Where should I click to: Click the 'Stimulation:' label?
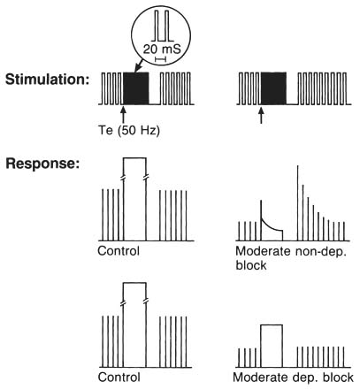click(47, 80)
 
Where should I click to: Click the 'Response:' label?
click(42, 164)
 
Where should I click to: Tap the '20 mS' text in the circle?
click(162, 50)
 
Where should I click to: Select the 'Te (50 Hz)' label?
click(129, 130)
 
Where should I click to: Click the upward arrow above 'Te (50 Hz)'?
click(124, 114)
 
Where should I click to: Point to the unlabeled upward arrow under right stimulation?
click(261, 115)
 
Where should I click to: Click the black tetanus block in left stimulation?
click(135, 88)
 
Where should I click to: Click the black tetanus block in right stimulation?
click(273, 88)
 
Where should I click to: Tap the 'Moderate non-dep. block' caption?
click(291, 258)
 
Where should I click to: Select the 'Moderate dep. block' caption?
click(293, 378)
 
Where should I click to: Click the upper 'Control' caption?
click(119, 251)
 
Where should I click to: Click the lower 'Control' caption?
click(119, 378)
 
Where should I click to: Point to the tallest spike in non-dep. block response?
click(298, 203)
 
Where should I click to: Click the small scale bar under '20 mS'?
click(161, 59)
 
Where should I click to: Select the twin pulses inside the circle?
click(162, 26)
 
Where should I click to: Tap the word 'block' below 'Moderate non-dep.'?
click(251, 265)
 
